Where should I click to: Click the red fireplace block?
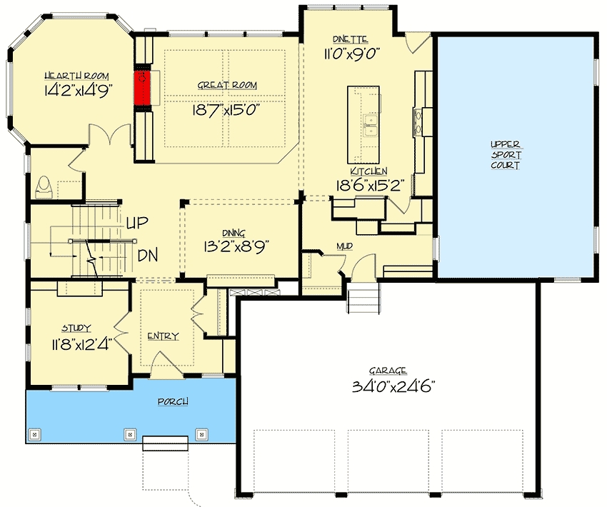click(141, 87)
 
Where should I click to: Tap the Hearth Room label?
click(76, 76)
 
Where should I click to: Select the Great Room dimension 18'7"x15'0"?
click(226, 111)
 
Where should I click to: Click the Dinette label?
click(351, 39)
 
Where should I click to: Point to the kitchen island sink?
click(371, 126)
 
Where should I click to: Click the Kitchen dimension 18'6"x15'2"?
click(371, 186)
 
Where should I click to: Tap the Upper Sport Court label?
click(506, 155)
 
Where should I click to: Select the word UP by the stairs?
click(137, 222)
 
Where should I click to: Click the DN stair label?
click(148, 256)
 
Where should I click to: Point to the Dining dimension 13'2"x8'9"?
click(236, 246)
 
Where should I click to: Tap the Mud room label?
click(344, 246)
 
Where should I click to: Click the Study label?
click(76, 328)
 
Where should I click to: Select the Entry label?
click(164, 336)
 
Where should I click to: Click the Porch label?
click(173, 401)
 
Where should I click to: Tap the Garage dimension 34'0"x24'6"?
click(393, 386)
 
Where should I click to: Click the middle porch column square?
click(130, 434)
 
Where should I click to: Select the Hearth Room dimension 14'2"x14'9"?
click(79, 91)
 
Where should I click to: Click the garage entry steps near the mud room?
click(363, 298)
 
